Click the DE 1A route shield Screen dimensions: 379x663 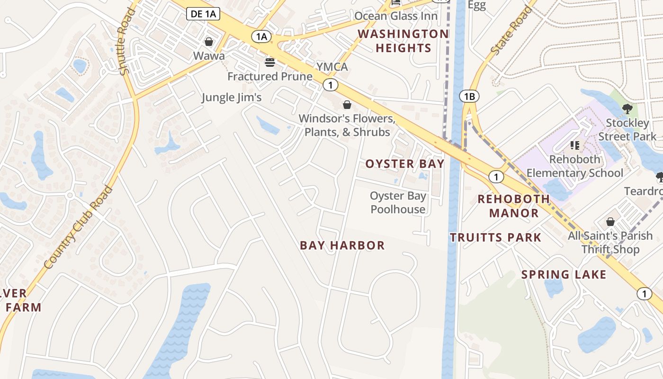(x=204, y=14)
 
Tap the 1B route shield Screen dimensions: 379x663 (x=469, y=97)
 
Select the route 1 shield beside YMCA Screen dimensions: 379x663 (x=331, y=85)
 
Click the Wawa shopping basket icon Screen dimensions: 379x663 (x=208, y=42)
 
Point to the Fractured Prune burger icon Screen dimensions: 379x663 (x=270, y=62)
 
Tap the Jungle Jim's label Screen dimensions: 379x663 (x=232, y=98)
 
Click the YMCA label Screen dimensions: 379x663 (x=332, y=67)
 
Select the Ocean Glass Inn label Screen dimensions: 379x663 (x=396, y=16)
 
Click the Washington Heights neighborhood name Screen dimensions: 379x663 (x=403, y=41)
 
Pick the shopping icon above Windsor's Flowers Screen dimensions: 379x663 (x=347, y=105)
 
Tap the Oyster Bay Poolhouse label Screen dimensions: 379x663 (x=398, y=202)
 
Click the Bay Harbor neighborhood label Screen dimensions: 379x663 (x=342, y=245)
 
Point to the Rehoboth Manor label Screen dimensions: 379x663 (x=514, y=206)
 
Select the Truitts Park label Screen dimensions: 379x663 (x=495, y=237)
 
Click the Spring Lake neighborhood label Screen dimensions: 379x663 (x=564, y=274)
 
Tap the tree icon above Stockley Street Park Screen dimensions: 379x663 (x=627, y=109)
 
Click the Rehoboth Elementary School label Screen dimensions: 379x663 (x=575, y=166)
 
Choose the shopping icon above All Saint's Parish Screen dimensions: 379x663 (x=610, y=222)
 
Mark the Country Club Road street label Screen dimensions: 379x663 (x=79, y=228)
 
